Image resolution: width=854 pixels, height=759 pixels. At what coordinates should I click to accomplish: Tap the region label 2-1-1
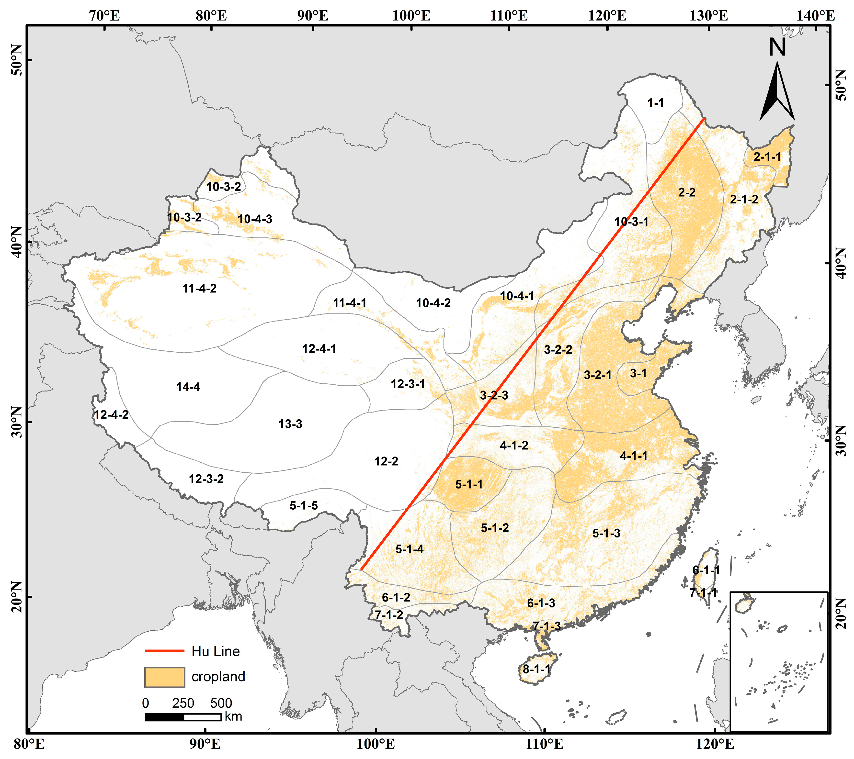[767, 157]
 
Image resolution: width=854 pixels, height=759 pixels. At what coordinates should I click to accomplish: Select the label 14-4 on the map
[188, 387]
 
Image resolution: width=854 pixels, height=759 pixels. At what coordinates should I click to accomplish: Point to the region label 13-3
[290, 424]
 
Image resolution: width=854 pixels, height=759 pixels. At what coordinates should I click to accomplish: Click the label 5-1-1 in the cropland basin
[469, 484]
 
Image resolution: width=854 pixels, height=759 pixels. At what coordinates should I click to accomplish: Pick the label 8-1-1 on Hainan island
[536, 669]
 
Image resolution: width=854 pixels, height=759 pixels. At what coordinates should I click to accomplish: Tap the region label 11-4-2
[199, 288]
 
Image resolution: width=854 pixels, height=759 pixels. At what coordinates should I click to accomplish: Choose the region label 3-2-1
[597, 375]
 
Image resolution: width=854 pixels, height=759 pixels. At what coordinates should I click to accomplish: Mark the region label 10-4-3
[255, 219]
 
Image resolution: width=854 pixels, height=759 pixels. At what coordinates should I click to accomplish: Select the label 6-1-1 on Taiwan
[706, 570]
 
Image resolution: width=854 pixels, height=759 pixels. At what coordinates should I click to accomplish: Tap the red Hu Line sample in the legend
[165, 651]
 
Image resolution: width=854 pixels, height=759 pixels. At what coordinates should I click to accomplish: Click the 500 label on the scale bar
[221, 703]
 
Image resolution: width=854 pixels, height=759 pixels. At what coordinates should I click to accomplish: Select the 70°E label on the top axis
[104, 16]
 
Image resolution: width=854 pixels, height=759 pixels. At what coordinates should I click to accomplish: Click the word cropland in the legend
[218, 677]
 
